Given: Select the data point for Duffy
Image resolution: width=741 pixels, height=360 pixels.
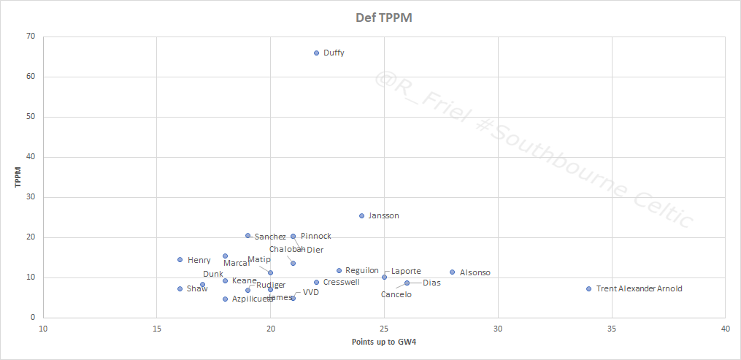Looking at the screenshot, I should click(x=316, y=53).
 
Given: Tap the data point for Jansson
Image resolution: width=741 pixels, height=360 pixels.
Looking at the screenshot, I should click(x=361, y=216).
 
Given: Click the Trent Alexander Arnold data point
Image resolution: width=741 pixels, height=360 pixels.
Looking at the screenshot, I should click(x=589, y=288).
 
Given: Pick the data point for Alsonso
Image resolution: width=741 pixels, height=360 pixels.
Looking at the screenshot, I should click(x=453, y=272).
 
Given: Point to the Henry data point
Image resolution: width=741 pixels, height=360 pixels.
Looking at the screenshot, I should click(x=180, y=260).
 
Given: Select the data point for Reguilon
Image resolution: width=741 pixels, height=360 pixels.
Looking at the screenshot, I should click(x=339, y=271).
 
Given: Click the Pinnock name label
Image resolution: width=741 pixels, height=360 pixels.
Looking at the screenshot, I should click(x=315, y=236).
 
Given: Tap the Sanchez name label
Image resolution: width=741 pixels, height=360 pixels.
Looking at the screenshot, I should click(x=270, y=237).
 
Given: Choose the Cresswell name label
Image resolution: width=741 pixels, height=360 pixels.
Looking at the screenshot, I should click(x=341, y=282).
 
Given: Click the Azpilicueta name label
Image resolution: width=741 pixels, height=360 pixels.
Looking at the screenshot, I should click(x=253, y=299).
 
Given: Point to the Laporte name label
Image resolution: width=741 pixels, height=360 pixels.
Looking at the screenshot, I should click(x=406, y=271).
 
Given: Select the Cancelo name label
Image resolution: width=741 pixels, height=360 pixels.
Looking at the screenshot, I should click(x=396, y=294).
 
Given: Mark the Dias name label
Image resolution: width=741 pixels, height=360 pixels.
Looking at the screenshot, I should click(x=431, y=283).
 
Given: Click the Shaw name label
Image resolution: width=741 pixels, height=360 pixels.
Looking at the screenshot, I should click(x=197, y=288).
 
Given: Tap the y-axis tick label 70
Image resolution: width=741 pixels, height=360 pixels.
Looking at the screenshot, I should click(x=31, y=37).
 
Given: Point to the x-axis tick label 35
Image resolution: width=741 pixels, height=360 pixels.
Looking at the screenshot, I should click(x=612, y=329).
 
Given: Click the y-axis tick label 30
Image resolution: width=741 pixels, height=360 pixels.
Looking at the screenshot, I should click(x=31, y=197).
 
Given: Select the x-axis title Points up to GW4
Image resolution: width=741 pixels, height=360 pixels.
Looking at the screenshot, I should click(x=384, y=342).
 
